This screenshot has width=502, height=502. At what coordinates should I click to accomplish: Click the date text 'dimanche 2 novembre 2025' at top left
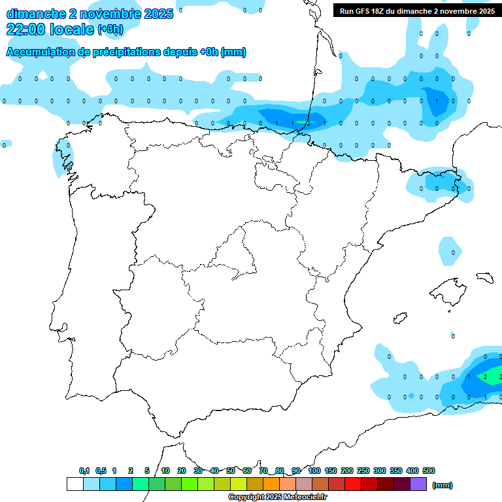pyautogui.click(x=90, y=14)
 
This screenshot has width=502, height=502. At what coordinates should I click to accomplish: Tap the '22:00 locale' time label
pyautogui.click(x=50, y=29)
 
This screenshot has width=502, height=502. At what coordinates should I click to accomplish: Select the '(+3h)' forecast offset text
pyautogui.click(x=110, y=29)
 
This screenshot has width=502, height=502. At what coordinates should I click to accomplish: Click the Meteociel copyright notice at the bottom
pyautogui.click(x=277, y=497)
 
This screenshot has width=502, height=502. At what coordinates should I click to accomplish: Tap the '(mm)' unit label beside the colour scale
pyautogui.click(x=443, y=485)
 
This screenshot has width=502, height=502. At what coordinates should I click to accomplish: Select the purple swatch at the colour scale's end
pyautogui.click(x=418, y=484)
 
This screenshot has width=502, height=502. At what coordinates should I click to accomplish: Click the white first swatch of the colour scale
pyautogui.click(x=75, y=484)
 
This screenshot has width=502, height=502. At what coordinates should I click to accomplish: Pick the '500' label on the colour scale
pyautogui.click(x=429, y=471)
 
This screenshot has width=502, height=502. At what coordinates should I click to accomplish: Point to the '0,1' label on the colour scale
pyautogui.click(x=84, y=471)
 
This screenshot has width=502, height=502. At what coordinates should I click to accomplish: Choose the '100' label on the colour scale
pyautogui.click(x=314, y=471)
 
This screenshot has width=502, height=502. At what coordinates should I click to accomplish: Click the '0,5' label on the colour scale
pyautogui.click(x=101, y=471)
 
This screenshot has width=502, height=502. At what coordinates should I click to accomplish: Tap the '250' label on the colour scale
pyautogui.click(x=363, y=471)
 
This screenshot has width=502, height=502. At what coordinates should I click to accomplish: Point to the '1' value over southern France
pyautogui.click(x=437, y=101)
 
